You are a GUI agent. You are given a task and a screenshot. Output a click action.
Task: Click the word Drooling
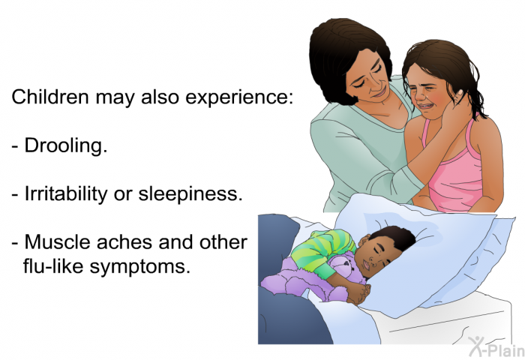tap(66, 145)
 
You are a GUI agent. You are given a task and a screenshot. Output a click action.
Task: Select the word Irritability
tap(66, 193)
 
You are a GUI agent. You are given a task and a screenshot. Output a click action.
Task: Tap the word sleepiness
tap(190, 193)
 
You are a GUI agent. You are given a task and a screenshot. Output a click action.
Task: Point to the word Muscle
tap(58, 241)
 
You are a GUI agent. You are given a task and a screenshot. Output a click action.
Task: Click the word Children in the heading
tap(50, 97)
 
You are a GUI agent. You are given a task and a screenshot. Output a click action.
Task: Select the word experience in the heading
tap(239, 97)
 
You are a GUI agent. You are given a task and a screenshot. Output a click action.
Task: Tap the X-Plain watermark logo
tap(496, 346)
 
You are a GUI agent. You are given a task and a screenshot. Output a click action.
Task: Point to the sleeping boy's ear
tap(363, 240)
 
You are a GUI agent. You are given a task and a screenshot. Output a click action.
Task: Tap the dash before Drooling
tap(16, 147)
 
